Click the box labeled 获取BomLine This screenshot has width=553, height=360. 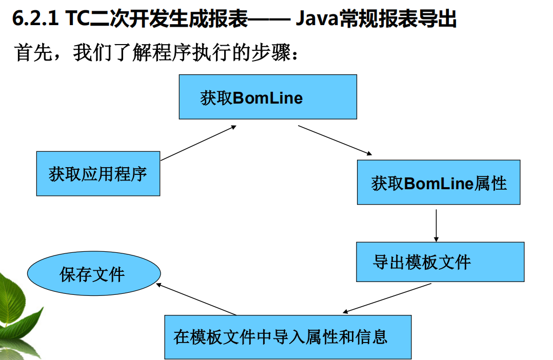pos(267,97)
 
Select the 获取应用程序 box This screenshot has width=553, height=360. pos(98,173)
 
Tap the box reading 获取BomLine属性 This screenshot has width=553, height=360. pos(439,183)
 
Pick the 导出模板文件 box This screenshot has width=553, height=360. pos(440,262)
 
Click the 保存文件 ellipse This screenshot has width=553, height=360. pos(93,274)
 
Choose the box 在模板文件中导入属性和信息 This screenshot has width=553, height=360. pos(288,337)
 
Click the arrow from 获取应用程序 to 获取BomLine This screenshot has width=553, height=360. pos(198,143)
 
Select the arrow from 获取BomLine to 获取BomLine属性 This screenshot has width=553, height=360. pos(334,139)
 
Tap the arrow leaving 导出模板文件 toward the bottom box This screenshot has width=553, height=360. pos(387,298)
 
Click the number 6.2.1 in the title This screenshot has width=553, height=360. pos(34,19)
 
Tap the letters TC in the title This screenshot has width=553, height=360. pos(76,19)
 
